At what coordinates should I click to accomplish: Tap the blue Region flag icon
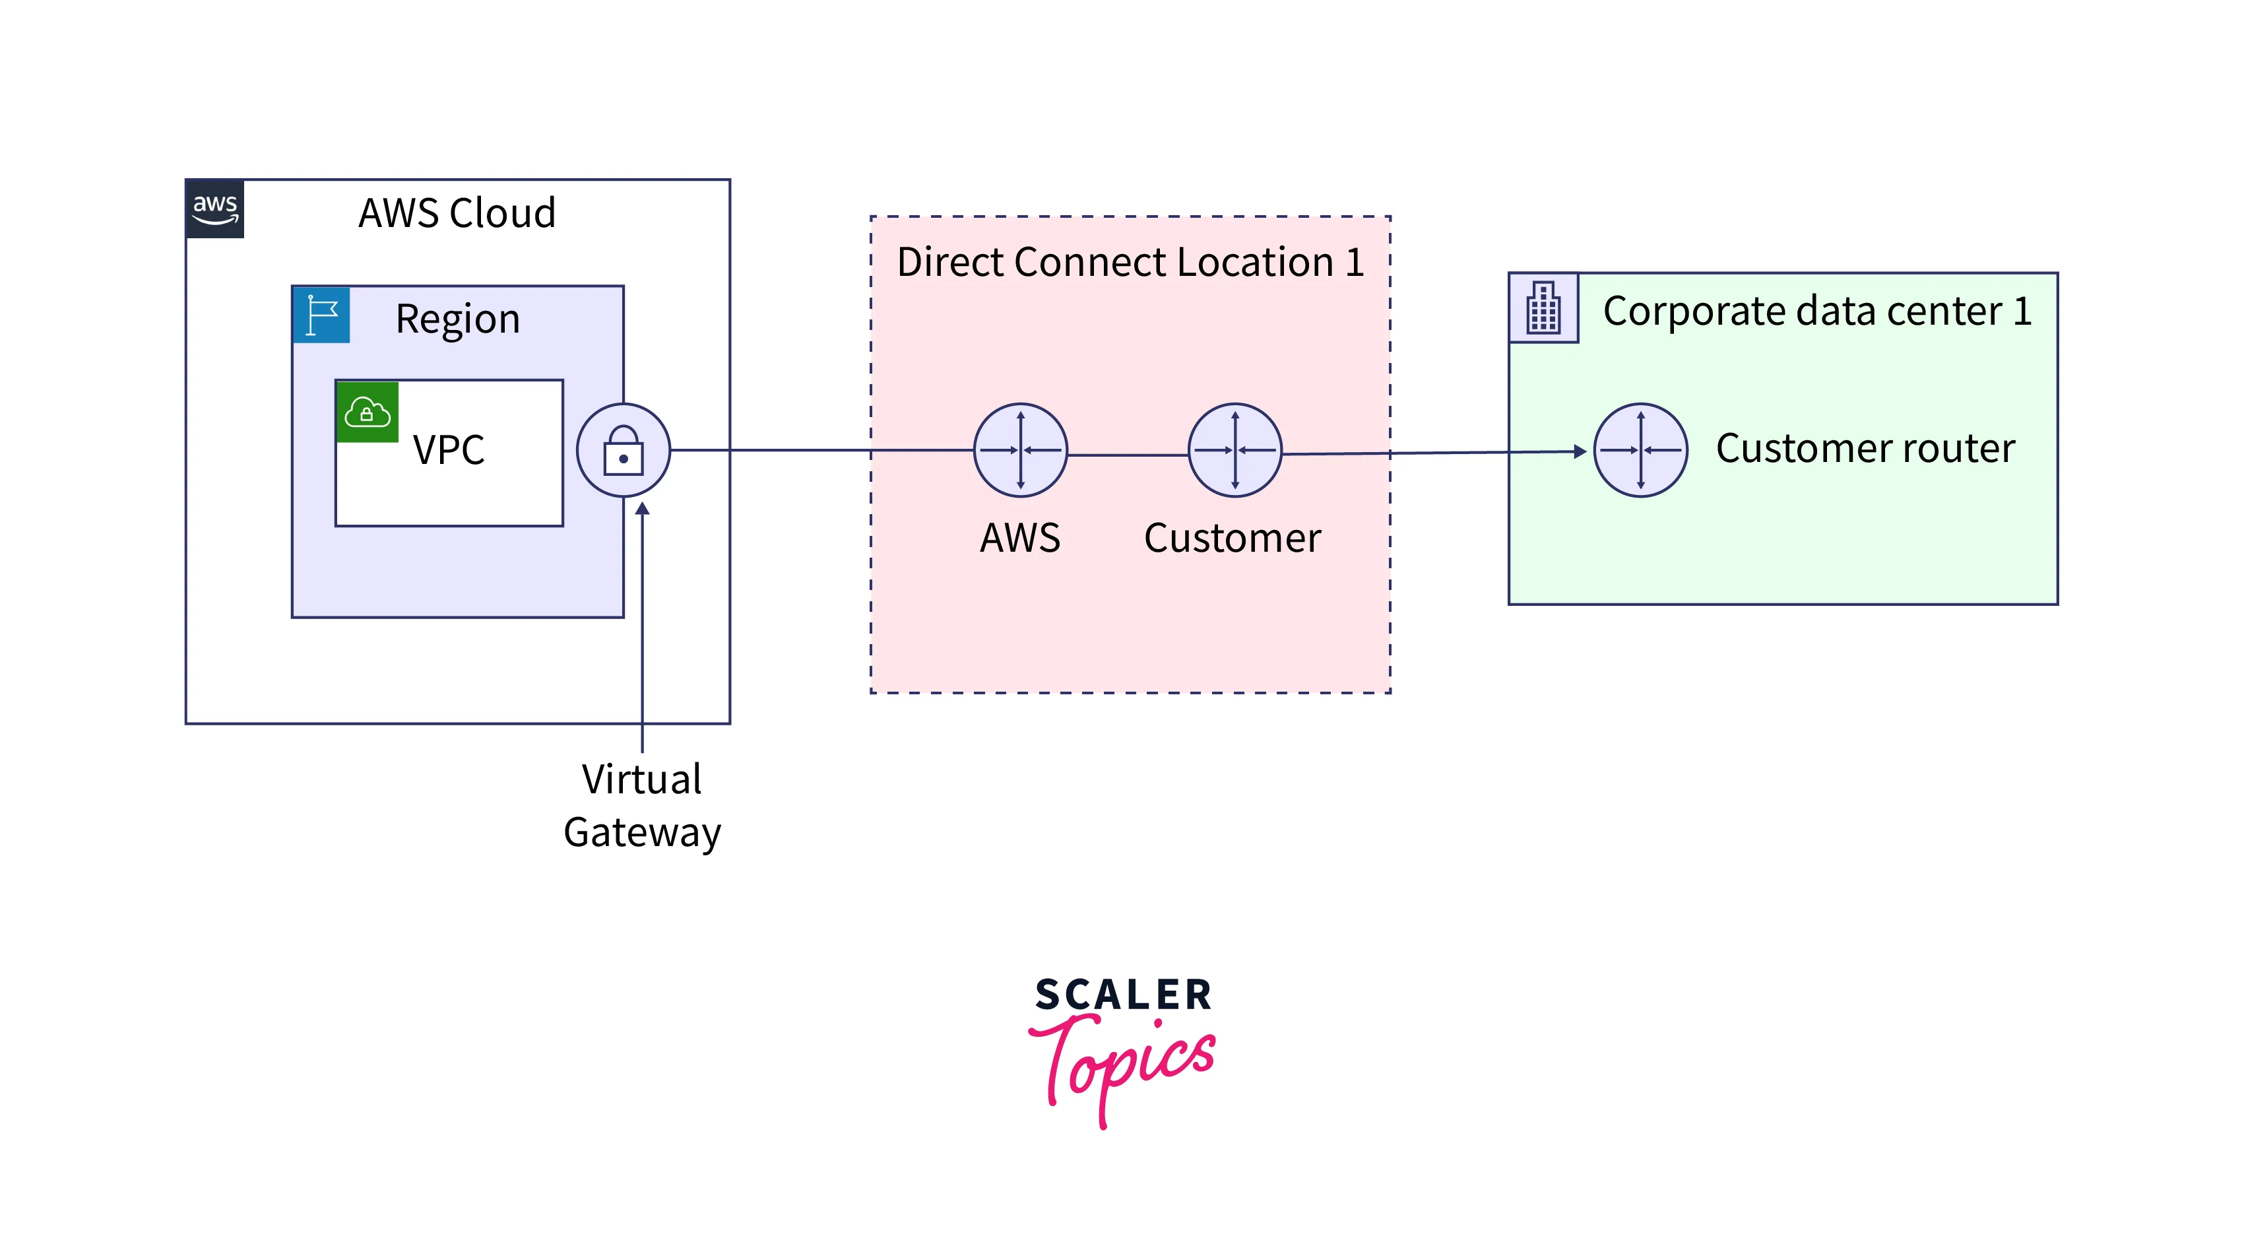[x=321, y=314]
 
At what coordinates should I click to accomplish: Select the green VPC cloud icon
[x=367, y=412]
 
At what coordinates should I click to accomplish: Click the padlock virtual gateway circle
[x=624, y=450]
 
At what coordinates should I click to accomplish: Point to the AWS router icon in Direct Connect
[x=1020, y=450]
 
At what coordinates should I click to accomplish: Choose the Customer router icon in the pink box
[x=1234, y=450]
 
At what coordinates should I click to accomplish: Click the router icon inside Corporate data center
[x=1640, y=450]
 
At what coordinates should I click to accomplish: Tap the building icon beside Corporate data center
[x=1543, y=308]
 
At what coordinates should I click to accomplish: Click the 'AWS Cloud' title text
[x=457, y=213]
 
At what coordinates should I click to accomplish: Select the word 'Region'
[x=457, y=319]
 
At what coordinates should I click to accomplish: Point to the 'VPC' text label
[x=449, y=450]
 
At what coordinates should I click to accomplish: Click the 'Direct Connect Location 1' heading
[x=1130, y=262]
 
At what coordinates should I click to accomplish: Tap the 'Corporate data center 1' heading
[x=1817, y=311]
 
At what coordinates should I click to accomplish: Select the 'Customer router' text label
[x=1865, y=449]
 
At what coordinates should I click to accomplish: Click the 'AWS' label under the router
[x=1020, y=539]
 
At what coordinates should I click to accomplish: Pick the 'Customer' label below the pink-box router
[x=1232, y=539]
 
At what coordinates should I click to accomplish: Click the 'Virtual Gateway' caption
[x=642, y=806]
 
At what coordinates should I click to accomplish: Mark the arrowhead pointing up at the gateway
[x=642, y=509]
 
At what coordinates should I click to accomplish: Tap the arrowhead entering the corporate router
[x=1580, y=451]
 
